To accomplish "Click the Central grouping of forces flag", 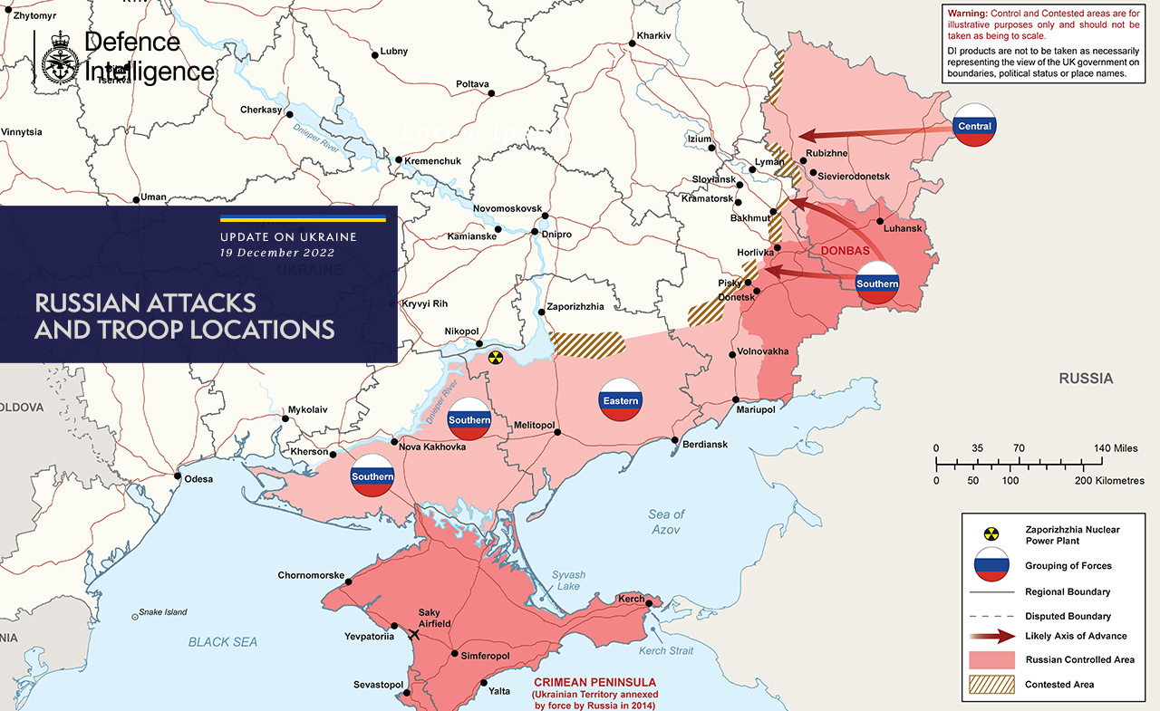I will click(x=974, y=126).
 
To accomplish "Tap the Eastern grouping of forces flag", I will click(x=621, y=400).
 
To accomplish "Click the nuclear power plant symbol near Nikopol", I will click(x=495, y=357).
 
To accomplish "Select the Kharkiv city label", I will click(x=653, y=35).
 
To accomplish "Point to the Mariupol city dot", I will click(x=737, y=399).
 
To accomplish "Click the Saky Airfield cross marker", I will click(x=415, y=634).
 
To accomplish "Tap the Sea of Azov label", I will click(x=666, y=522).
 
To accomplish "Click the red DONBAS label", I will click(x=845, y=251).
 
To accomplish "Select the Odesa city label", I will click(x=198, y=478).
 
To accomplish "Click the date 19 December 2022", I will click(x=277, y=253).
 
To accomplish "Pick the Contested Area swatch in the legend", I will click(x=991, y=685).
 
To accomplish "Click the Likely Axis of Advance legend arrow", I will click(x=991, y=636).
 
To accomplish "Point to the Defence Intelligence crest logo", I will click(x=59, y=58).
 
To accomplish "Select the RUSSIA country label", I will click(x=1086, y=379).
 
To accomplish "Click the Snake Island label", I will click(x=163, y=612).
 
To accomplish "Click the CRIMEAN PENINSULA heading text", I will click(x=594, y=682).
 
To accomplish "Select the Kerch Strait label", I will click(x=666, y=651).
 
